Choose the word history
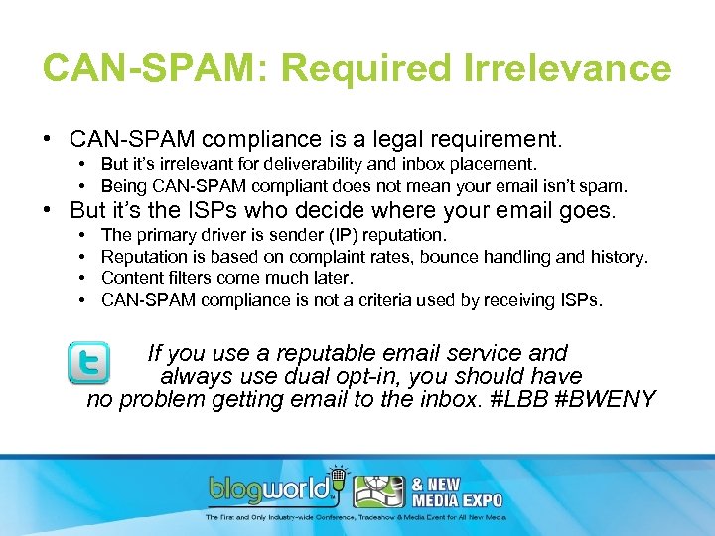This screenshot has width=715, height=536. point(618,257)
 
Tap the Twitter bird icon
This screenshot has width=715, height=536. point(88,363)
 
